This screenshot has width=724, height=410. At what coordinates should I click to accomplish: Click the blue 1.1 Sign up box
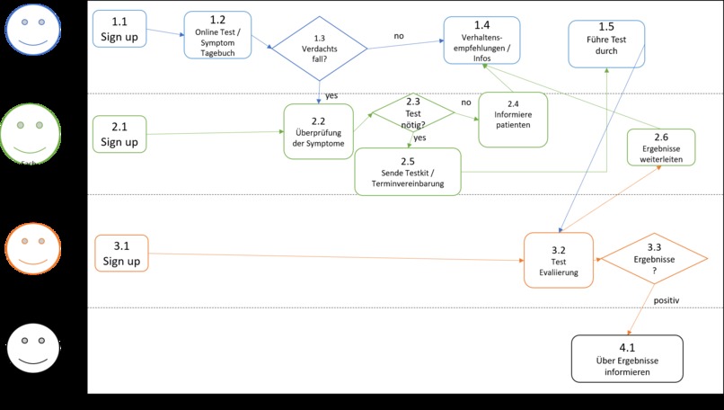[x=119, y=29]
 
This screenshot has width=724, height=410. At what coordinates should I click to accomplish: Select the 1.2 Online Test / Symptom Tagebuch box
[x=216, y=35]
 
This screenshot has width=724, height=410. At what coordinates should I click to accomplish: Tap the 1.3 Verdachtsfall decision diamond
[x=320, y=49]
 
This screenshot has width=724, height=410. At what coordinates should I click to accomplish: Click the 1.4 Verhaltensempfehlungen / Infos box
[x=481, y=40]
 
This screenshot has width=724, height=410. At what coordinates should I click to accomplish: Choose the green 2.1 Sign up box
[x=119, y=134]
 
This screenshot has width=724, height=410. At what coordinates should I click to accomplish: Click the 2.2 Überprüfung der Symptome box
[x=319, y=132]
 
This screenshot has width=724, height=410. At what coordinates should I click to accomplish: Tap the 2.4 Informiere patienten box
[x=512, y=119]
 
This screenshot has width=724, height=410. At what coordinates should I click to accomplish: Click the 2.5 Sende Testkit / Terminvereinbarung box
[x=407, y=171]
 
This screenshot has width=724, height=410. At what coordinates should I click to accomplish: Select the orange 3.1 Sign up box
[x=121, y=254]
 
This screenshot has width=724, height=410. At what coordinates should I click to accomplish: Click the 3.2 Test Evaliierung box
[x=558, y=260]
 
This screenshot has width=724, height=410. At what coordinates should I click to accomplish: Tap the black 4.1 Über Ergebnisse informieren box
[x=626, y=358]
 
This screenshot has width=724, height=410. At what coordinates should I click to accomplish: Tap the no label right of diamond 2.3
[x=466, y=102]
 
